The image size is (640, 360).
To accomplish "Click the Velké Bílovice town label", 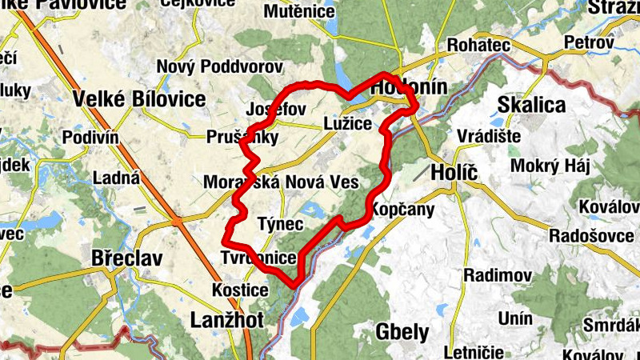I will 138,100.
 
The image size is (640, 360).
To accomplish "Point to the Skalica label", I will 531,105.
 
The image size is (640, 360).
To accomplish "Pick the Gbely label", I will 402,332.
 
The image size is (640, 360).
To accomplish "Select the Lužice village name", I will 347,124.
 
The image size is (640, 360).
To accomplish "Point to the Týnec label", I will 280,224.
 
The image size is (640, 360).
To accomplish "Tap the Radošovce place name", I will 591,236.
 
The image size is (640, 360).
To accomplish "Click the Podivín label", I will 90,137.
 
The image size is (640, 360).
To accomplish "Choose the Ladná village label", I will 116,177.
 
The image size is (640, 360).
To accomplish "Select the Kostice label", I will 240,289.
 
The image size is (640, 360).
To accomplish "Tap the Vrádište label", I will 489,136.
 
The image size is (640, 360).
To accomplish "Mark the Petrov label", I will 588,42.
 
